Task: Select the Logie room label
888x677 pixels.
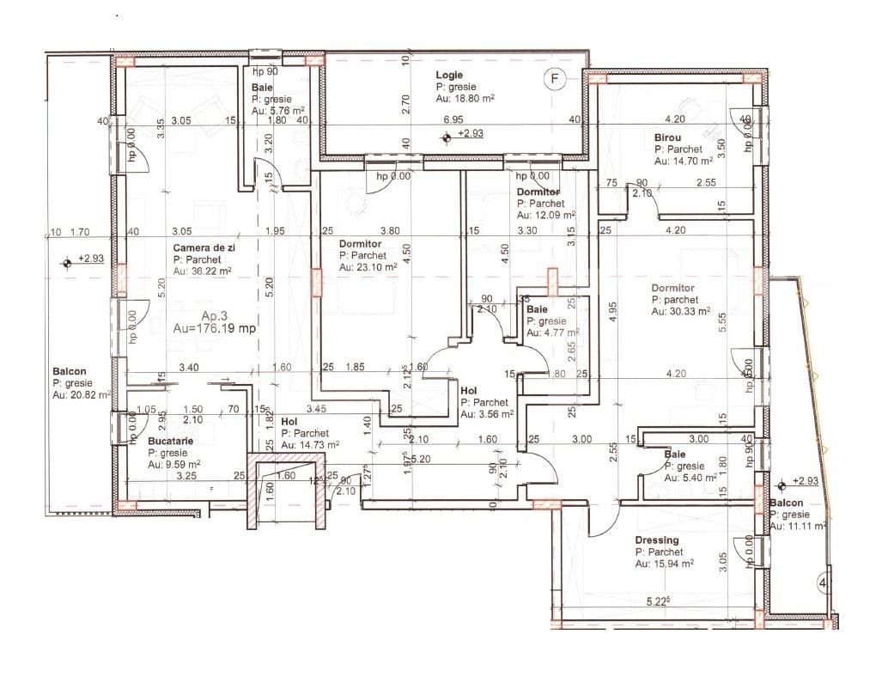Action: pos(449,76)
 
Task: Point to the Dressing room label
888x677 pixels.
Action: pos(657,540)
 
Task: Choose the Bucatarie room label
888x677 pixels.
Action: pos(170,441)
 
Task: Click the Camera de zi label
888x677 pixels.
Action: pos(203,247)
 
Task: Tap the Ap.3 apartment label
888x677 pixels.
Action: pos(194,314)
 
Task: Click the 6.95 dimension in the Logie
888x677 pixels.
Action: pos(453,119)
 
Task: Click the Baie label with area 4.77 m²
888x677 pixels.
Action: pos(538,309)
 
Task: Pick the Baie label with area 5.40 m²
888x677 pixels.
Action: pos(674,454)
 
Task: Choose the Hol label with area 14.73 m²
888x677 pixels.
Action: pos(289,422)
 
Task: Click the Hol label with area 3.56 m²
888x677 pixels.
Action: pos(470,390)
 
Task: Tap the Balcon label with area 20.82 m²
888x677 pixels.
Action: pos(70,372)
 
